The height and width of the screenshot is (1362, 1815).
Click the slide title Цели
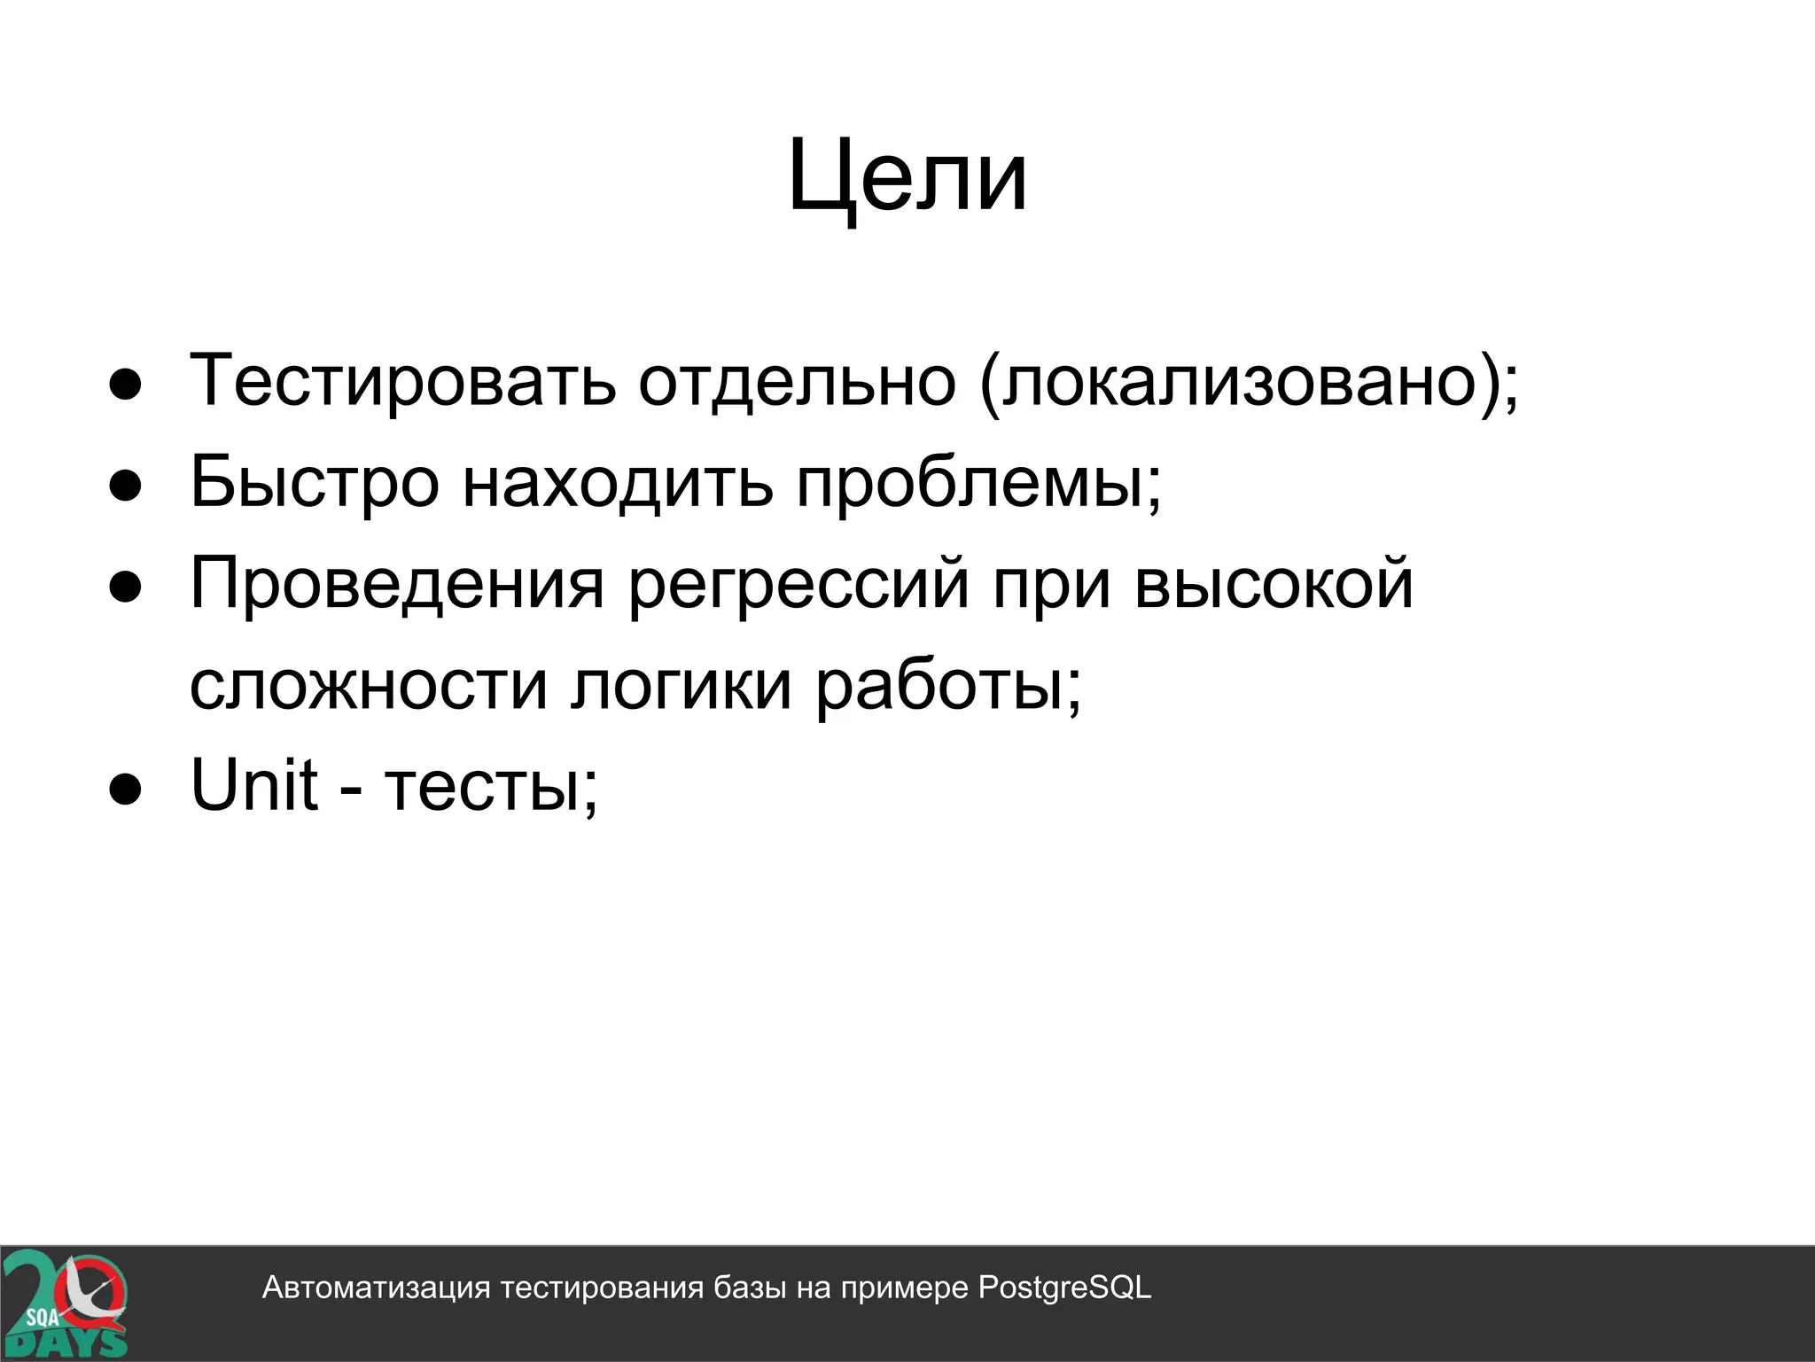[907, 177]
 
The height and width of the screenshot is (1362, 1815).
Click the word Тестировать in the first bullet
[403, 381]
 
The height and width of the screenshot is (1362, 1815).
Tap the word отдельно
[797, 381]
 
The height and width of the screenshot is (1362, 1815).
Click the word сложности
[369, 685]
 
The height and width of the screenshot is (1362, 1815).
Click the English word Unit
[254, 785]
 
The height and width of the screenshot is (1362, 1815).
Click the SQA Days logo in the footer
[64, 1303]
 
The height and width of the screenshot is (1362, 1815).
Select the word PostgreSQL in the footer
[1064, 1288]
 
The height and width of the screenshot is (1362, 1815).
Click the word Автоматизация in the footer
[376, 1288]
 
